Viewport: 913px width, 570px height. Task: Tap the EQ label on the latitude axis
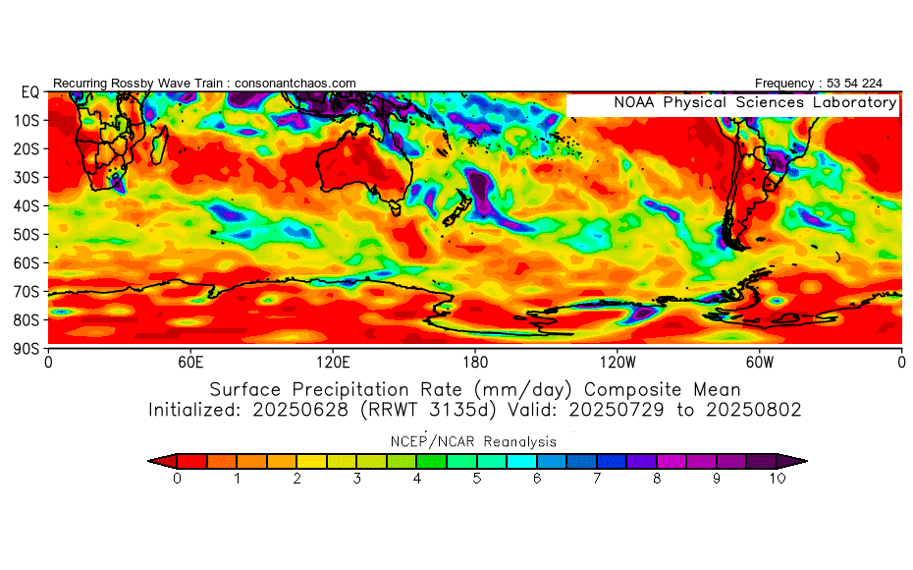click(x=28, y=92)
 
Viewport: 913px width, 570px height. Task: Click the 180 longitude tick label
click(x=475, y=361)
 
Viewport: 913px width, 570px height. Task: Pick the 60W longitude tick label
click(x=759, y=361)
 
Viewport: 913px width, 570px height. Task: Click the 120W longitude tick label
click(x=617, y=361)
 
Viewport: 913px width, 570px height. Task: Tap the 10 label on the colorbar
click(x=778, y=479)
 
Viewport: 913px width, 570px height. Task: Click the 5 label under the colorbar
click(x=477, y=479)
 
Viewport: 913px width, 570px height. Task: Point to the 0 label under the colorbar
click(x=177, y=479)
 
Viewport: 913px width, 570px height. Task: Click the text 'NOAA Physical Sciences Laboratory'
click(x=754, y=103)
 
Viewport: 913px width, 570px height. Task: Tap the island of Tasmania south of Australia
click(x=396, y=207)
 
